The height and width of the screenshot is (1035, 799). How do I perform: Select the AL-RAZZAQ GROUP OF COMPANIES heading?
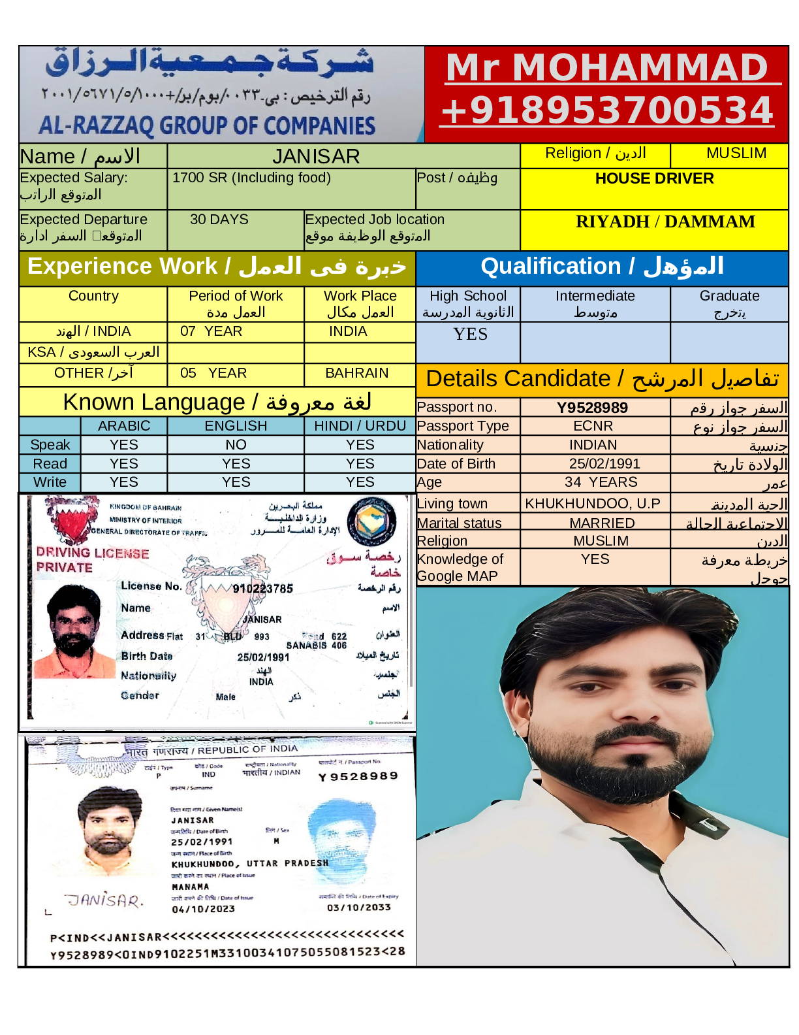pos(207,125)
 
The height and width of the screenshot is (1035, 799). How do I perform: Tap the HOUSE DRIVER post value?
pos(654,178)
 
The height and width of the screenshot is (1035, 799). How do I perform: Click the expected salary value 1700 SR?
pos(251,178)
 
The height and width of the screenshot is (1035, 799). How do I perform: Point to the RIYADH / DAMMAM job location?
pos(665,222)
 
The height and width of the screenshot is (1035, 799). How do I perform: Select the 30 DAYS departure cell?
pos(219,220)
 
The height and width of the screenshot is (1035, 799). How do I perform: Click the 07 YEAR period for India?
pos(211,331)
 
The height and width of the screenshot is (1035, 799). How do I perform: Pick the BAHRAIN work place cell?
pos(356,373)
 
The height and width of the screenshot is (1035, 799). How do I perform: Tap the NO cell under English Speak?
pos(236,445)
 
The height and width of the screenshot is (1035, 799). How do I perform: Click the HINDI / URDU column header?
pos(360,426)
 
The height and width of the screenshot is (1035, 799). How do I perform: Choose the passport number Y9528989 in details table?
pos(592,408)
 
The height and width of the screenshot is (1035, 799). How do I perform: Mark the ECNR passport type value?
pos(593,426)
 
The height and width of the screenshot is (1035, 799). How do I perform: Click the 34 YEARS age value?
pos(601,482)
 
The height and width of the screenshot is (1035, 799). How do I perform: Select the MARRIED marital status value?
pos(601,523)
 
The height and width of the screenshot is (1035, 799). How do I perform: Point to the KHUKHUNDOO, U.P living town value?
pos(593,504)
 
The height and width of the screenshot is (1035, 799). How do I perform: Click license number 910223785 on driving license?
pos(263,588)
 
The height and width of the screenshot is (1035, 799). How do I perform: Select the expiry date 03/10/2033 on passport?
pos(358,908)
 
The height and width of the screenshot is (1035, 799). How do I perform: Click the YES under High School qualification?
pos(470,335)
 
